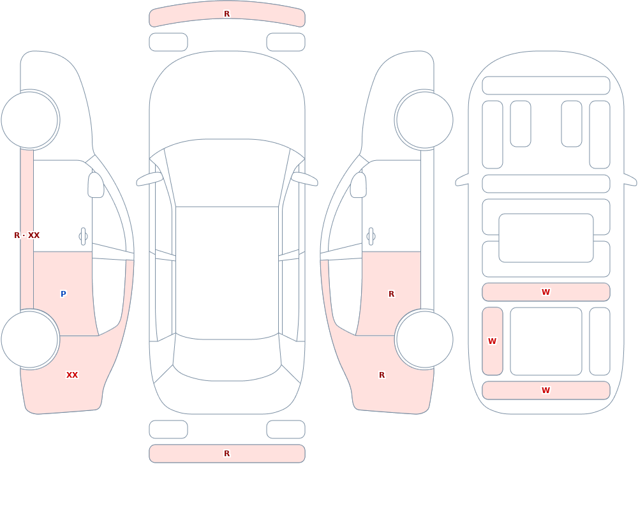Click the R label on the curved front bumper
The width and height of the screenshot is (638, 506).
tap(226, 14)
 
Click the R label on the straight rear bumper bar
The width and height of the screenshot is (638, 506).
tap(226, 454)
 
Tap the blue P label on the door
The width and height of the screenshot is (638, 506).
tap(63, 294)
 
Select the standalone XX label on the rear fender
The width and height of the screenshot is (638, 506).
tap(72, 375)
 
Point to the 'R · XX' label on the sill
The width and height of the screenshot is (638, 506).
tap(27, 235)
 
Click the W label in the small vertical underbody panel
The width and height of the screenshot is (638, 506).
tap(493, 341)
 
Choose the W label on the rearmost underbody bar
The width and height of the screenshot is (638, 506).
tap(545, 391)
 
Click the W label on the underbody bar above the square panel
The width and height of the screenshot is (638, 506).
tap(545, 292)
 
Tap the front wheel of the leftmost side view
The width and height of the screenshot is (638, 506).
tap(30, 120)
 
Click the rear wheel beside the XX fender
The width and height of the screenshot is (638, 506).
tap(30, 339)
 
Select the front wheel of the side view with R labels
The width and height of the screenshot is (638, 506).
tap(424, 120)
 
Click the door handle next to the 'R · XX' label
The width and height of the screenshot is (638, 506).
tap(84, 237)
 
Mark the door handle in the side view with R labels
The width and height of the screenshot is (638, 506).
tap(371, 237)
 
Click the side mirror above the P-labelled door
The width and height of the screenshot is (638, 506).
tap(96, 185)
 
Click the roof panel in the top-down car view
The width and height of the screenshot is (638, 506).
tap(227, 272)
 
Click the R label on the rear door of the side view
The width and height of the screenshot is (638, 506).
tap(392, 294)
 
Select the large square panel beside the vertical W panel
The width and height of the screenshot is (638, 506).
tap(546, 341)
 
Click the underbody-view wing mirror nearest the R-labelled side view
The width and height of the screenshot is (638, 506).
tap(462, 181)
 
